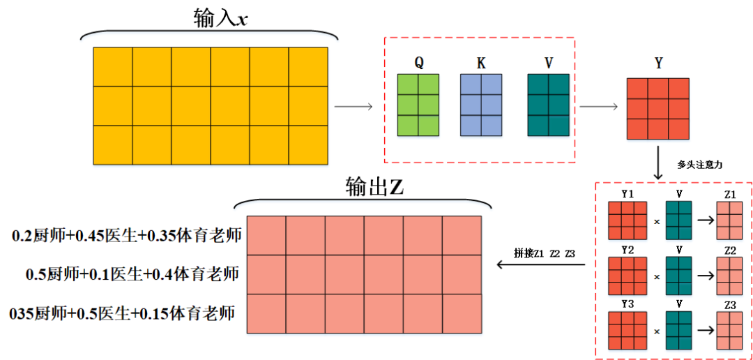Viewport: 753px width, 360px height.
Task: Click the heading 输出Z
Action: (x=374, y=186)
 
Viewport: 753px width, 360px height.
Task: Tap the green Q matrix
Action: (x=418, y=105)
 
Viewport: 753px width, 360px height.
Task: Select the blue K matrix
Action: (x=481, y=105)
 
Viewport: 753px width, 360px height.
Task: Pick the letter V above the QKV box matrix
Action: (x=549, y=63)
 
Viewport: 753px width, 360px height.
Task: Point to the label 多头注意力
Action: (x=697, y=165)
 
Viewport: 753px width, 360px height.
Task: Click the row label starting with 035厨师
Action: (x=122, y=313)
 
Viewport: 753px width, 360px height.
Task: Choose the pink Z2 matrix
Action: (x=729, y=276)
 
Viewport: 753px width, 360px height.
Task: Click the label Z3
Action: (x=730, y=306)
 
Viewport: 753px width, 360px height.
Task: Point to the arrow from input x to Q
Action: (x=353, y=106)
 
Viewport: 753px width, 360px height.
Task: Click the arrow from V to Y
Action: (x=599, y=106)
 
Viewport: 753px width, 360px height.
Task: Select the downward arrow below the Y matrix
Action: (x=657, y=161)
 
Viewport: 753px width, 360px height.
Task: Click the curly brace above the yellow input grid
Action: (x=211, y=35)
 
